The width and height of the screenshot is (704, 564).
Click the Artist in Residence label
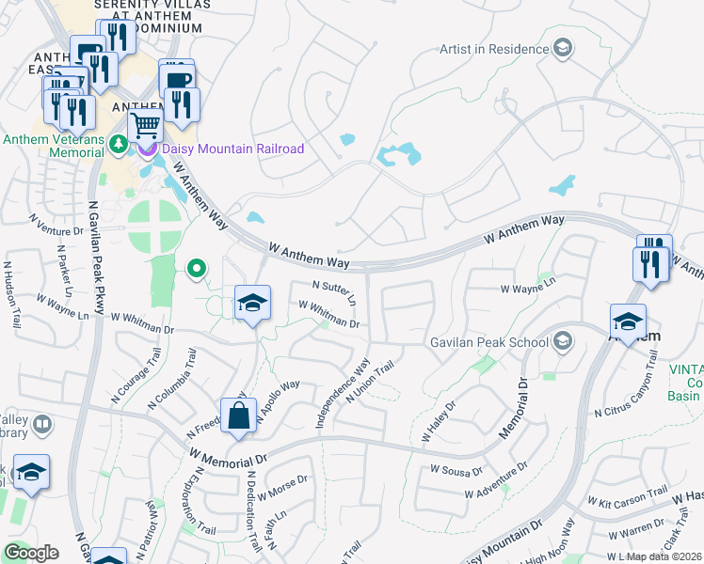494,49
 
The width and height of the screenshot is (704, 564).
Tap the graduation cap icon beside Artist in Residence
563,49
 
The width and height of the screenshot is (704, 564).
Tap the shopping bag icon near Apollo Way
239,415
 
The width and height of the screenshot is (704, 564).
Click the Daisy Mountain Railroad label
232,149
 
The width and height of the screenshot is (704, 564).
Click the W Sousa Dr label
456,468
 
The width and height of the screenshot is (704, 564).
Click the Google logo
31,553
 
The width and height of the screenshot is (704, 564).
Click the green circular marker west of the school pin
196,270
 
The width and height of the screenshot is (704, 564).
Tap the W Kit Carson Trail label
628,498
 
